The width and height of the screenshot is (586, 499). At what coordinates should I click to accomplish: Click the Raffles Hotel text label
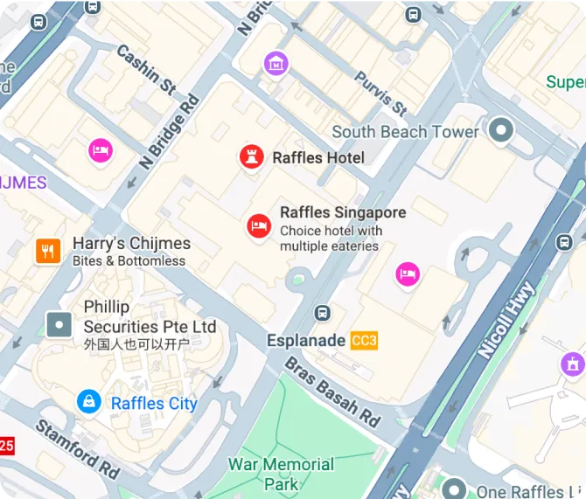(318, 158)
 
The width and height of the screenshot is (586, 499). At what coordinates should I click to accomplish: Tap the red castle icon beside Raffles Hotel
(252, 157)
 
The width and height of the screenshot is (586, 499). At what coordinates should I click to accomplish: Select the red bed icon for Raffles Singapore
(258, 226)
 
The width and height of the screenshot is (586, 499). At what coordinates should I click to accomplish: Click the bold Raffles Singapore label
(343, 212)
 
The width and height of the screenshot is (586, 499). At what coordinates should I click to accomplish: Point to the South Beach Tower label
(405, 132)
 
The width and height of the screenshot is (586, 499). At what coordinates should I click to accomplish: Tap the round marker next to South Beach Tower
(500, 131)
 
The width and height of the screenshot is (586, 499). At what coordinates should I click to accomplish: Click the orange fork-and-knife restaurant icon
(47, 252)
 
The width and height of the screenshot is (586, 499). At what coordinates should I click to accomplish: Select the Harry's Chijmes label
(131, 244)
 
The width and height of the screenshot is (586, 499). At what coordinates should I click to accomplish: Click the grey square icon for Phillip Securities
(59, 325)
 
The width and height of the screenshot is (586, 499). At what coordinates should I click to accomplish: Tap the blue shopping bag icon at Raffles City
(87, 402)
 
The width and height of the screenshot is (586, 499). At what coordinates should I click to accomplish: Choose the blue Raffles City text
(154, 403)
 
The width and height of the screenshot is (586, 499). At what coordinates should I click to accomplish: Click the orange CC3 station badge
(364, 341)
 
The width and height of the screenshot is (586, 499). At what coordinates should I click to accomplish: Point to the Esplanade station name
(306, 341)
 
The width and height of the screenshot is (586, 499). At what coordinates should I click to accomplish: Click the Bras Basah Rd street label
(333, 392)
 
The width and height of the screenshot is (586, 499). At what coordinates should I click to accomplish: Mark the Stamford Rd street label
(77, 447)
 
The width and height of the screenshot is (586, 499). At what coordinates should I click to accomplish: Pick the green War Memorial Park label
(281, 474)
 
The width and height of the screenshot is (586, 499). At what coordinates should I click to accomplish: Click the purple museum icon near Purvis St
(276, 63)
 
